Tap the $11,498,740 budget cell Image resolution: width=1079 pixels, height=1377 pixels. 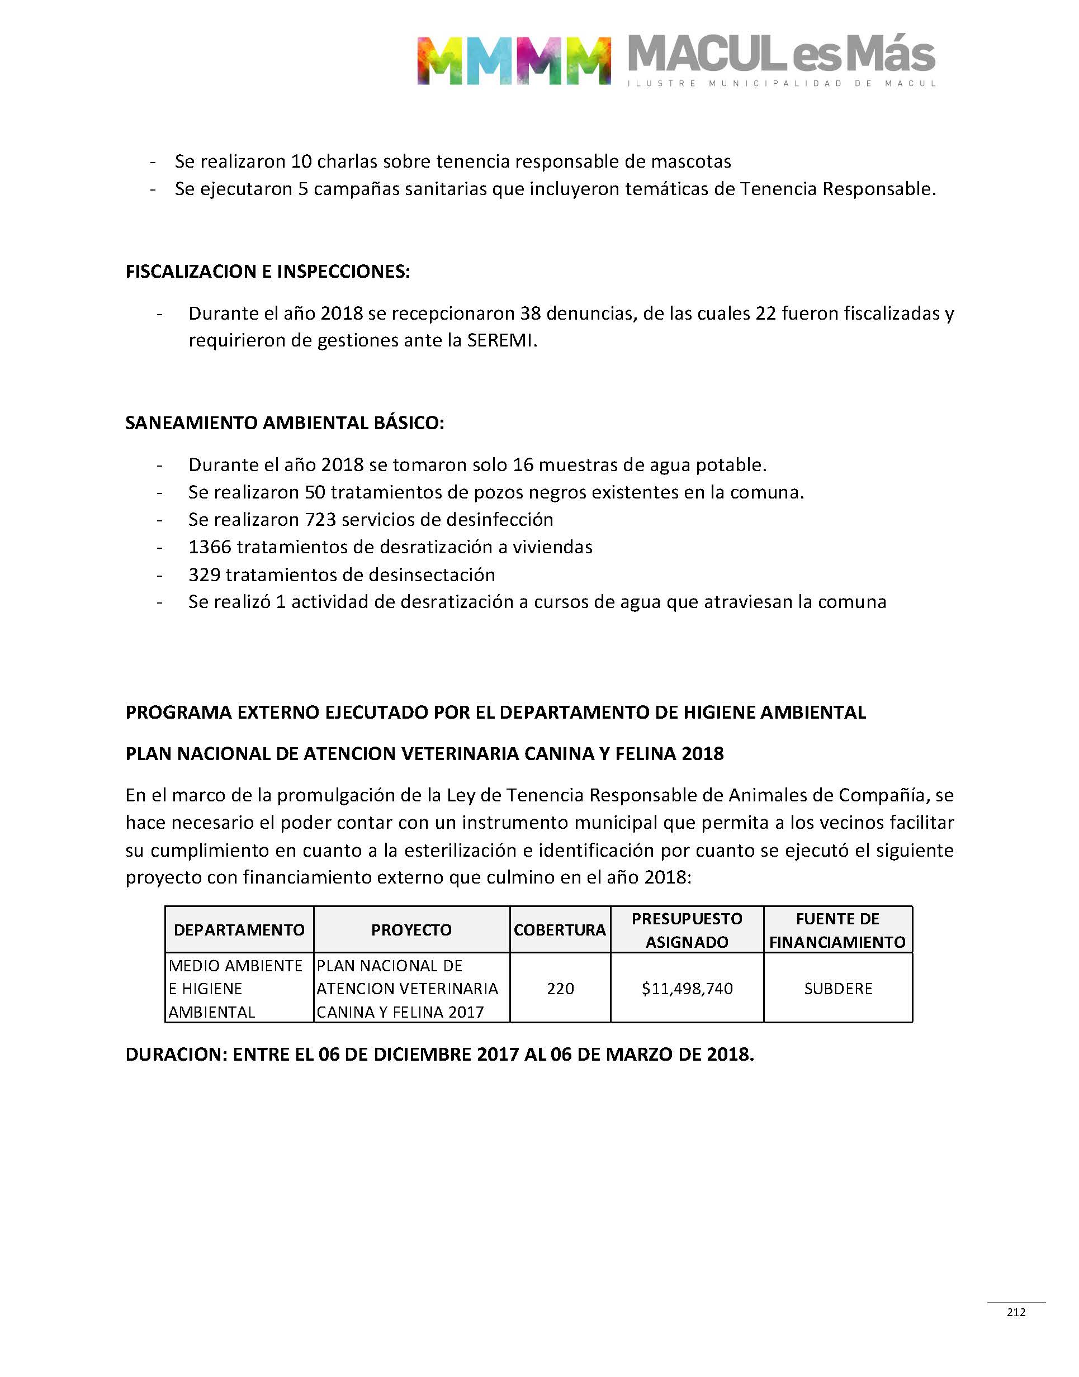687,988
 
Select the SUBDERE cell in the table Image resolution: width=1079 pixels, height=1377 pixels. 837,988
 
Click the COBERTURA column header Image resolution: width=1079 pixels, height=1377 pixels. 560,929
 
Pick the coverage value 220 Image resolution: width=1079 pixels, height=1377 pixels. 560,988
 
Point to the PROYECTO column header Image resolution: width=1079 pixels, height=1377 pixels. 411,929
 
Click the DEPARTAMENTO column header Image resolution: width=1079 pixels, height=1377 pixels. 239,929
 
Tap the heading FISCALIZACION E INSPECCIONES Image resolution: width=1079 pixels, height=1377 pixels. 268,272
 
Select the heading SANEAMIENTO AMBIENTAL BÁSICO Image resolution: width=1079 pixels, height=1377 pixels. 284,422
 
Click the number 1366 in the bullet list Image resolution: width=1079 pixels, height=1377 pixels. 210,547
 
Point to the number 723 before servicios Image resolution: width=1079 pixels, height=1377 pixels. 320,520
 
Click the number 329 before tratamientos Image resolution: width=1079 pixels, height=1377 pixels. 204,574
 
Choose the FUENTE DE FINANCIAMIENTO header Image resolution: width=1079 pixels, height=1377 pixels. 837,929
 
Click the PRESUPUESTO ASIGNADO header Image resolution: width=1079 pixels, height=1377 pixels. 687,929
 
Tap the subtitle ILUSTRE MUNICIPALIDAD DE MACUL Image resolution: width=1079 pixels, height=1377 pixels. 782,83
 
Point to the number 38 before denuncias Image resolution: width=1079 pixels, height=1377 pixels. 531,313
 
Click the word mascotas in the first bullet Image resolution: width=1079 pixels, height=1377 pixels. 691,162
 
